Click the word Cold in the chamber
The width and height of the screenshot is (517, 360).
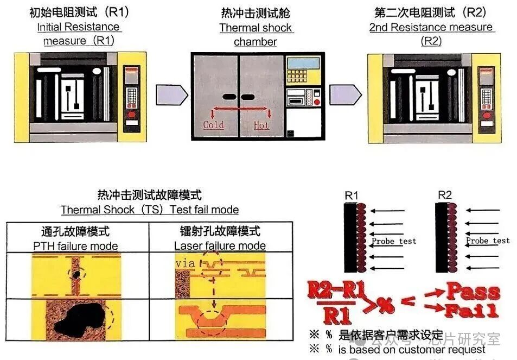[213, 125]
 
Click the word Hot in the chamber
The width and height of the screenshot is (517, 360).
[261, 125]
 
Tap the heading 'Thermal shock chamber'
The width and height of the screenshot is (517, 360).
[256, 35]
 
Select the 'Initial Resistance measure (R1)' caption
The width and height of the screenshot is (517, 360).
[79, 34]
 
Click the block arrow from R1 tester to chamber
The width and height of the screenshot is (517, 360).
[171, 95]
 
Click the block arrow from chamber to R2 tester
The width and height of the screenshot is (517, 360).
[345, 95]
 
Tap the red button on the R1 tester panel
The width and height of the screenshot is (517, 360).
[131, 114]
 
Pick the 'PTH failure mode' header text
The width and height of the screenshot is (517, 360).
[76, 246]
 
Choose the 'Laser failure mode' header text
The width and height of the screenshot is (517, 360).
[220, 246]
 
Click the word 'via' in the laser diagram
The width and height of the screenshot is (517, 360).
[185, 263]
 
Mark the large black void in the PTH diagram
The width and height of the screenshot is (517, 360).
[81, 320]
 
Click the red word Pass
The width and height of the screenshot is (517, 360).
[472, 292]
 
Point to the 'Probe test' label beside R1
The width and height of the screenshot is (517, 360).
[394, 241]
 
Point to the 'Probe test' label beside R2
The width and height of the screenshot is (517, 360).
[488, 241]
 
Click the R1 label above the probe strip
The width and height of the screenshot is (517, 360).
[352, 194]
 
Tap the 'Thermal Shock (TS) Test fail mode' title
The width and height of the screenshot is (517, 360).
[150, 210]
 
